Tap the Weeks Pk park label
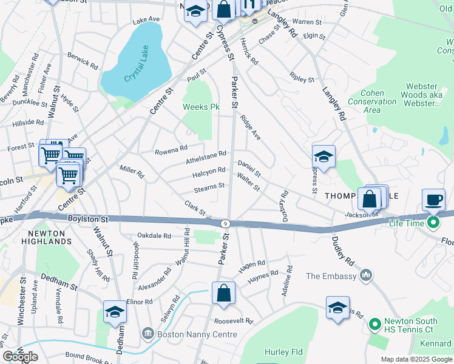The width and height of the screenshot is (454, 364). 201,107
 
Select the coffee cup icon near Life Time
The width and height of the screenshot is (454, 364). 433,200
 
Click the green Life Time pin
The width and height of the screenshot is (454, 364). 433,223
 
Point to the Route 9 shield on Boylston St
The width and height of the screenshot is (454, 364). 225,223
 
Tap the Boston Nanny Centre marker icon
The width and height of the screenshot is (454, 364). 147,333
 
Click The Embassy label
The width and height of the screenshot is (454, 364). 331,276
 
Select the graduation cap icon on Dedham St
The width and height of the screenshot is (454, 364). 115,312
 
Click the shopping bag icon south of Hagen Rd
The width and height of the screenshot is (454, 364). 223,293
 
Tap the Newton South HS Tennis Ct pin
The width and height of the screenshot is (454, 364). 374,322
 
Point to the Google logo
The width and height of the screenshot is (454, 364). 21,357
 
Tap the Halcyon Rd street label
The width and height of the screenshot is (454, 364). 209,173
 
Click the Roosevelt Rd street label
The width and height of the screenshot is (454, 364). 232,321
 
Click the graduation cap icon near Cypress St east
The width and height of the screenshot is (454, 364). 324,157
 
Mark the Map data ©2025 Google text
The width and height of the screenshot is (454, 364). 416,359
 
